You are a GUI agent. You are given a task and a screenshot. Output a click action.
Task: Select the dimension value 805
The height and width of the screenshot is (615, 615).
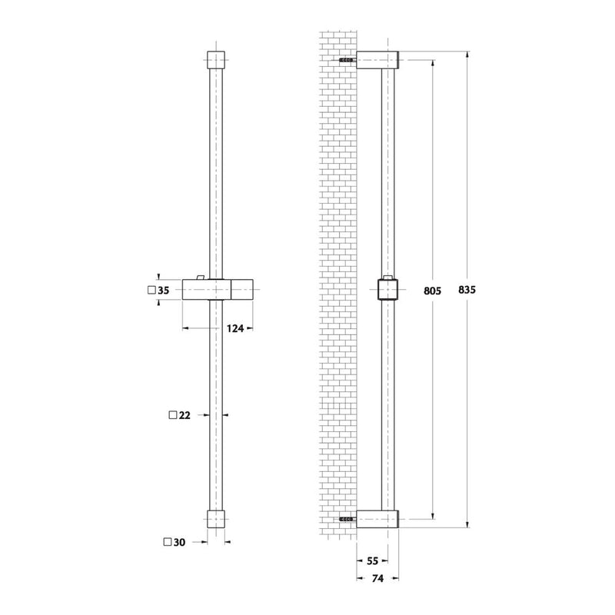click(x=434, y=291)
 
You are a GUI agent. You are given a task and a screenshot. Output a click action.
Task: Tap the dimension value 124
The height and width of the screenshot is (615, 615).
click(x=236, y=328)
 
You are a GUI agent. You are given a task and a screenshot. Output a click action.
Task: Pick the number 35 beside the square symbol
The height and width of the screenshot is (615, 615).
click(x=163, y=291)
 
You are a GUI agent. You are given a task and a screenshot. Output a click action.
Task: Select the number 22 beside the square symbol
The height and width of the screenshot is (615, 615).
click(x=184, y=415)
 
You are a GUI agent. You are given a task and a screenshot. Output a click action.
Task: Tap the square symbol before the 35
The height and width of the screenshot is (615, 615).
click(x=151, y=291)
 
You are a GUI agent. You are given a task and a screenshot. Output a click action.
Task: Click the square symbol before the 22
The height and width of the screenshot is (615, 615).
click(x=171, y=415)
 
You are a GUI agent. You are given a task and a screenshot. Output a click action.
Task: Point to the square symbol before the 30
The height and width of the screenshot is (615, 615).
click(x=168, y=541)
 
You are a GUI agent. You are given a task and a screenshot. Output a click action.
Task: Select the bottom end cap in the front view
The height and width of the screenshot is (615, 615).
click(x=218, y=518)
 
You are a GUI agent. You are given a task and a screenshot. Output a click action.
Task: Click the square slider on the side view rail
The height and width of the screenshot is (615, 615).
click(x=391, y=291)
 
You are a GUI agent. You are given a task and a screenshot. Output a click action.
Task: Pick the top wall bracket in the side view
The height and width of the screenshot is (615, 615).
click(x=380, y=60)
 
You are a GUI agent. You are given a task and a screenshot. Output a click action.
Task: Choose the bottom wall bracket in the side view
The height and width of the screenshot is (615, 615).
click(x=380, y=520)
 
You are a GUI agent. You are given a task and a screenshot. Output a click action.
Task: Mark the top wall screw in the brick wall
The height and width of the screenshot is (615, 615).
click(x=346, y=60)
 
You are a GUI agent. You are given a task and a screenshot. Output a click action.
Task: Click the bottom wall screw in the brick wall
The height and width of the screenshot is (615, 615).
click(x=346, y=520)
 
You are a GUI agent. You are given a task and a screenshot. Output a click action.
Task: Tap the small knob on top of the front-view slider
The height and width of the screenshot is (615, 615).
click(x=201, y=277)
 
